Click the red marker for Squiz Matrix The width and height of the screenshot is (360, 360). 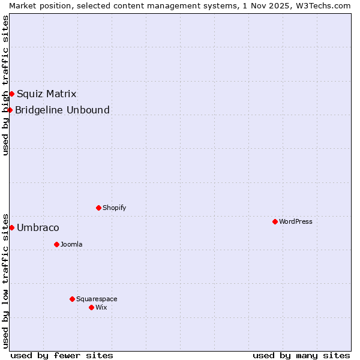point(11,94)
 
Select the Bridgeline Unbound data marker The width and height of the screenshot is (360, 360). point(10,110)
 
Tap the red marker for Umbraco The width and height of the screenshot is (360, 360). point(11,227)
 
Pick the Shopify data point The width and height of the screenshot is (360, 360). point(98,208)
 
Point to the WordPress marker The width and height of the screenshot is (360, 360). point(275,221)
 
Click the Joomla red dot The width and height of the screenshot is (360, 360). point(56,244)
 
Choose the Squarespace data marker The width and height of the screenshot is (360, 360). point(72,299)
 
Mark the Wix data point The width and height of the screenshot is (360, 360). point(91,307)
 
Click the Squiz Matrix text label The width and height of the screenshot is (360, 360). point(46,94)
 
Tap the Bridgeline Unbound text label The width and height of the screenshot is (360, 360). point(62,110)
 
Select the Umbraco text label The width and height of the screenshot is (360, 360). point(38,227)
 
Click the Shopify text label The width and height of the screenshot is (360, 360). point(114,208)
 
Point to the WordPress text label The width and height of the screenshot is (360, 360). point(296,221)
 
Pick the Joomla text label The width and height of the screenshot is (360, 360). point(71,244)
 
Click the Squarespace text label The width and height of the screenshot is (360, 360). point(97,299)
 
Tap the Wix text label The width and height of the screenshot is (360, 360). point(101,307)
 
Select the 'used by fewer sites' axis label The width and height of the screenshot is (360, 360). point(62,355)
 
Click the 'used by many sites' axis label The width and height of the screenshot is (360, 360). point(301,355)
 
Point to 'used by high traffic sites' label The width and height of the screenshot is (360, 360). point(5,85)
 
